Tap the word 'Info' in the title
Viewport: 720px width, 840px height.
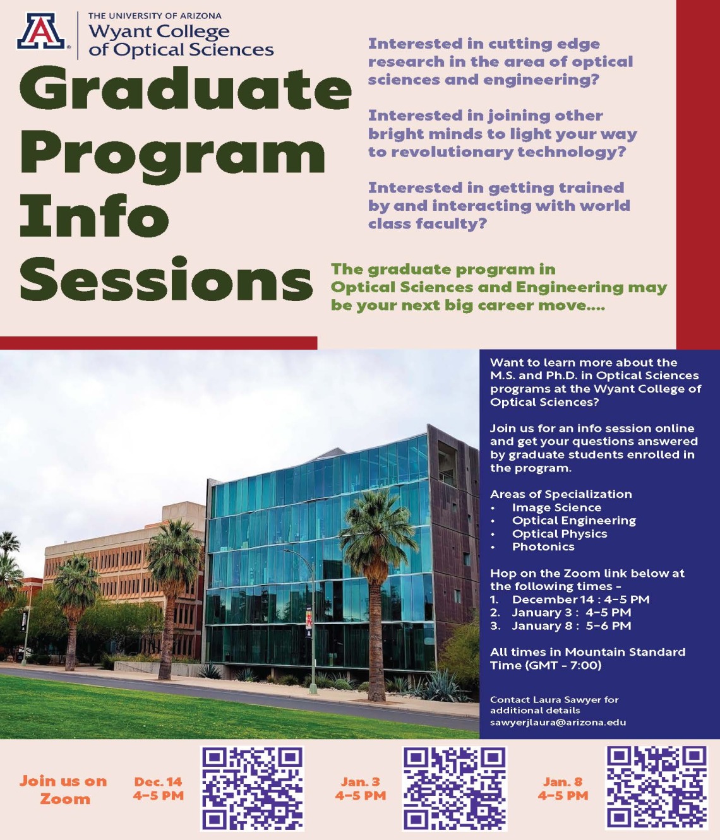[x=95, y=216]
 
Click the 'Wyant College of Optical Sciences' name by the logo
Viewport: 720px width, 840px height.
[x=181, y=40]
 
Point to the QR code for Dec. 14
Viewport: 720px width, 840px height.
[x=252, y=788]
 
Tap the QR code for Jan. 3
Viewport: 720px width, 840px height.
[x=455, y=788]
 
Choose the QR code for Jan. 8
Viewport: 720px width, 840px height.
[x=656, y=787]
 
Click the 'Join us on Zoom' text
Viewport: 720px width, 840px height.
[x=63, y=790]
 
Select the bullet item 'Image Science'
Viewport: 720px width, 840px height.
[x=556, y=507]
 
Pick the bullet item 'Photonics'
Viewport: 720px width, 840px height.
[x=543, y=547]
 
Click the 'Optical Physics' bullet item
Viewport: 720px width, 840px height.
[x=560, y=533]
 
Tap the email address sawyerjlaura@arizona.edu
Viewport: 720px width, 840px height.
[x=558, y=722]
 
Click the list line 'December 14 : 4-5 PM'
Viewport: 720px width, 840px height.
[x=580, y=600]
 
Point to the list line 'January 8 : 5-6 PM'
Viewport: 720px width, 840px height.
[x=571, y=625]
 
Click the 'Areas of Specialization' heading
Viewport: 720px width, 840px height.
[x=561, y=494]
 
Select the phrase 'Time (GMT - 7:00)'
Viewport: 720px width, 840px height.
[x=546, y=665]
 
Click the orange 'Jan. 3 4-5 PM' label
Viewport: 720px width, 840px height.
[x=361, y=789]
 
